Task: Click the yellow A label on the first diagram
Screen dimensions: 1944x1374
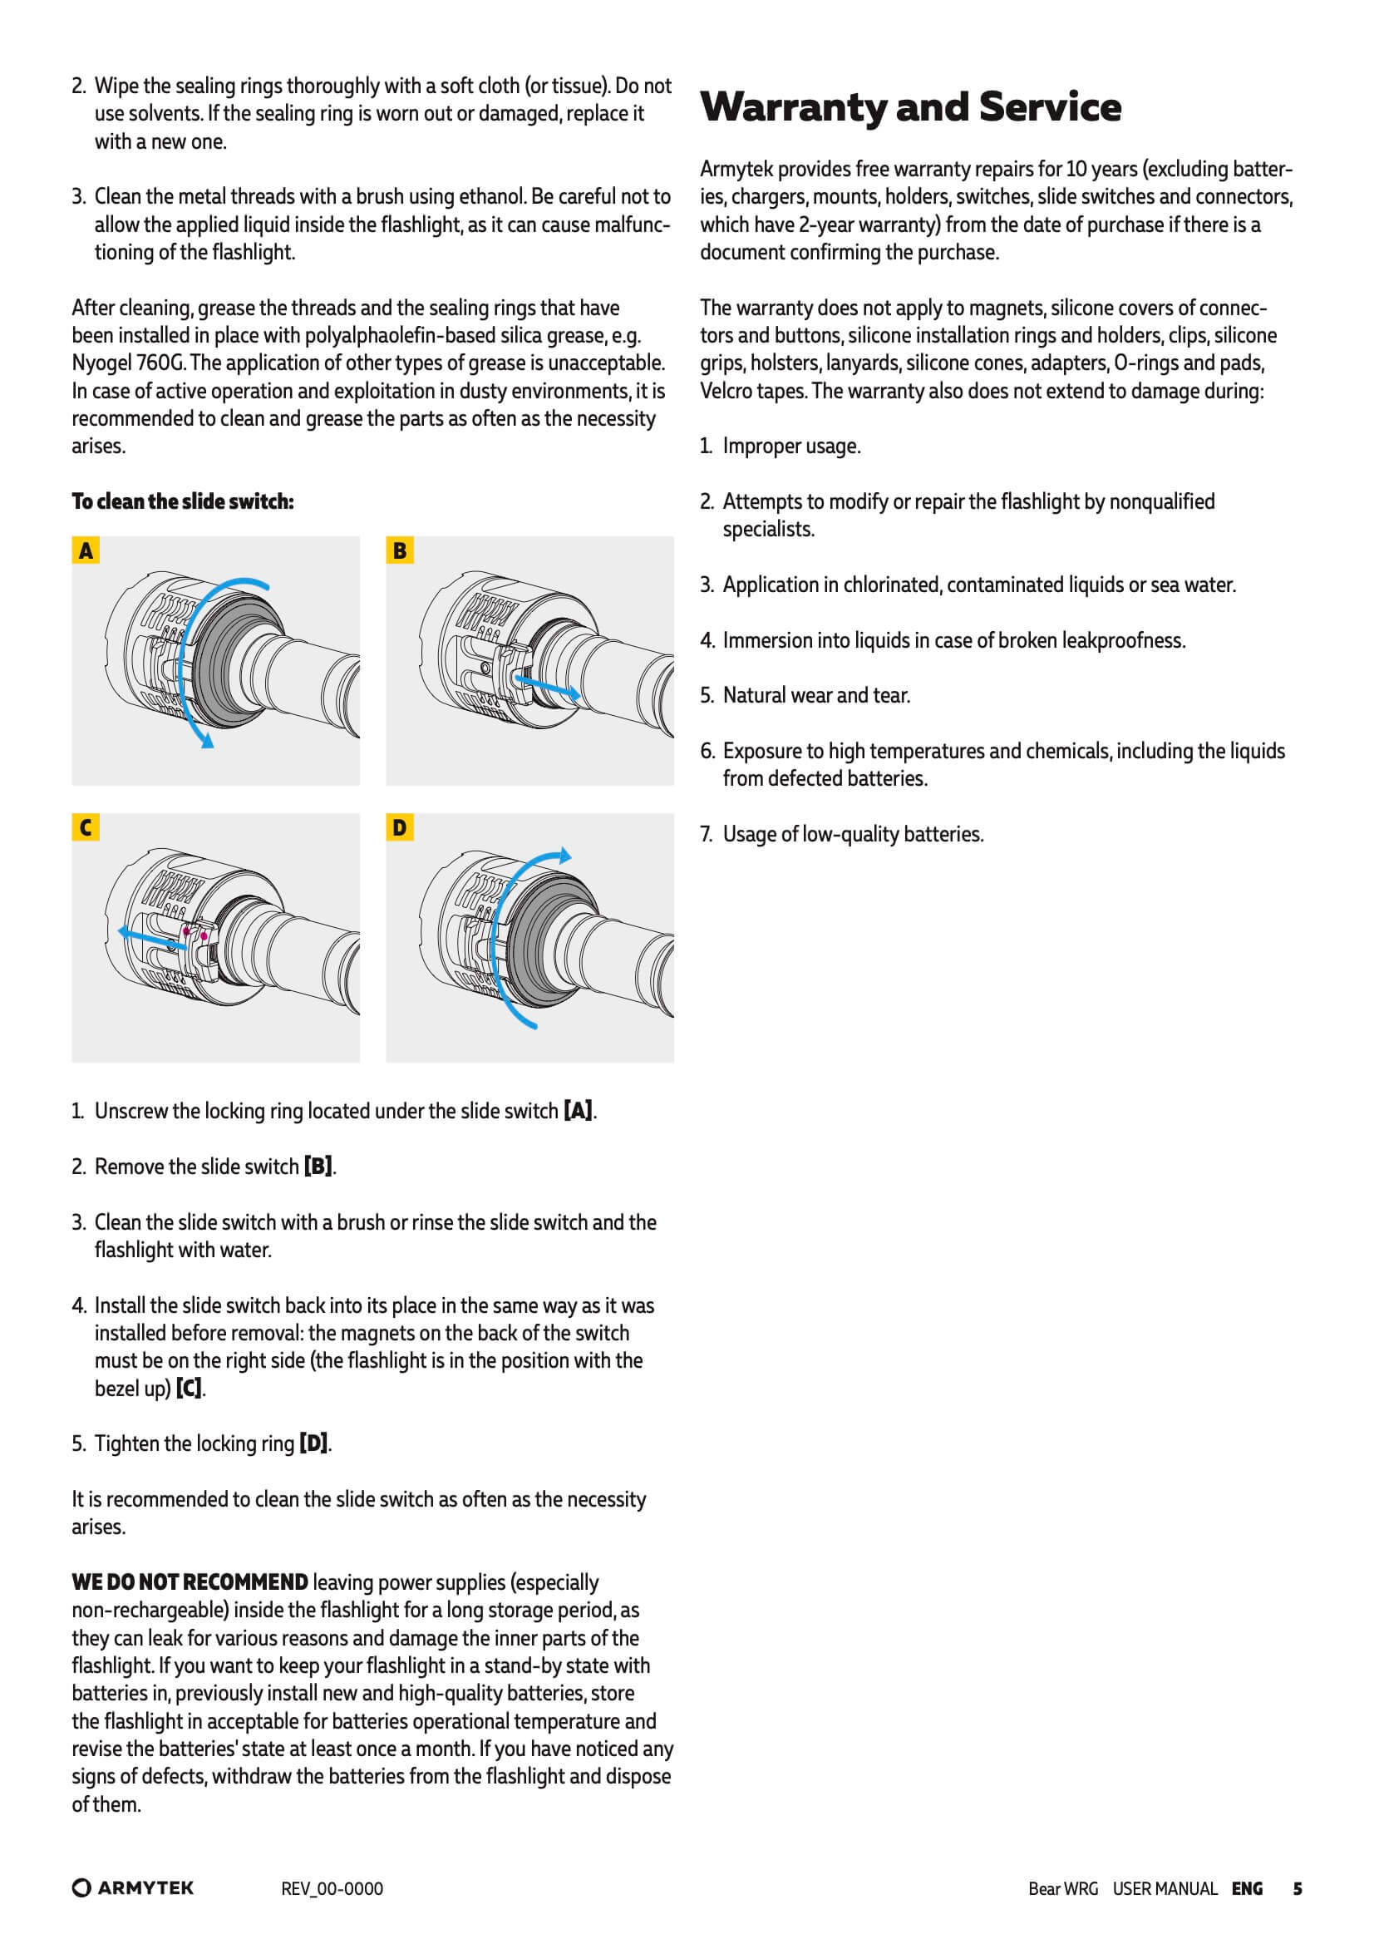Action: (x=86, y=551)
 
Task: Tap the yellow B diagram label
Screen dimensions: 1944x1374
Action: (x=400, y=551)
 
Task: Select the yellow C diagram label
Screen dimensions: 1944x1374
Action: (x=86, y=827)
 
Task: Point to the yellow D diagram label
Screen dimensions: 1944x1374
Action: (x=400, y=827)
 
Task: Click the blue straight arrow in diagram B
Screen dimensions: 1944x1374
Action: (x=547, y=687)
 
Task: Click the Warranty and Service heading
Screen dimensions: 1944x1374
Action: (x=910, y=107)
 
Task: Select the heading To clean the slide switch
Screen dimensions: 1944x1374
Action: (x=183, y=501)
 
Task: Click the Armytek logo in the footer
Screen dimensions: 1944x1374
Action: (x=133, y=1888)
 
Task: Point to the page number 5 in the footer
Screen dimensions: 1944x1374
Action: (x=1297, y=1888)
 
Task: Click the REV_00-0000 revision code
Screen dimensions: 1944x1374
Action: (x=332, y=1889)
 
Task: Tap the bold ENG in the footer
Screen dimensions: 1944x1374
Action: (x=1247, y=1888)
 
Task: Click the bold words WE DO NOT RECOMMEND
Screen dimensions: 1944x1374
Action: (x=190, y=1582)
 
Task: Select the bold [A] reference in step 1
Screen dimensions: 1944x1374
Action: (x=579, y=1111)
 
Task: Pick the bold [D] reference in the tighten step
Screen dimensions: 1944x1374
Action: (x=313, y=1443)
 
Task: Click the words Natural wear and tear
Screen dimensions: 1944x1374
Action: (x=816, y=695)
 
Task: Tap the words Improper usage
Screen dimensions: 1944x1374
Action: (x=791, y=447)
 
